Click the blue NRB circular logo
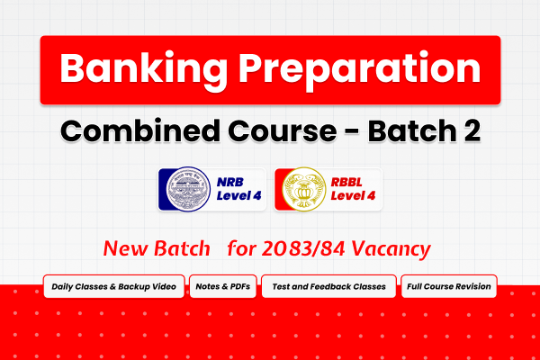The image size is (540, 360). (186, 190)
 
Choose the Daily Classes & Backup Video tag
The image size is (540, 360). (114, 287)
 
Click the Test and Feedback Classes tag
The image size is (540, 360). (328, 287)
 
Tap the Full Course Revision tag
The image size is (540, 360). (447, 287)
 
